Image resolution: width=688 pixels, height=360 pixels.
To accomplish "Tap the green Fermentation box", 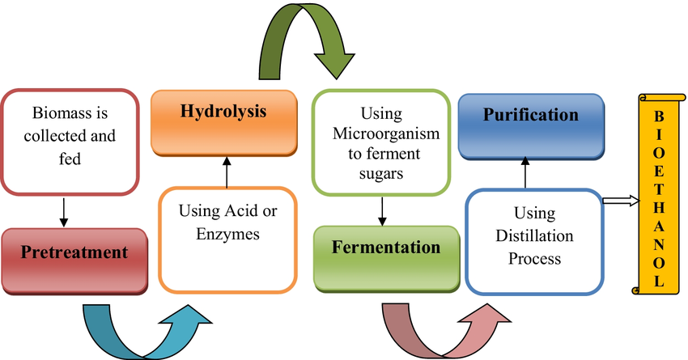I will (x=385, y=252).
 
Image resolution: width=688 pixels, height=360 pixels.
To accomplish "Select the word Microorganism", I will (x=380, y=130).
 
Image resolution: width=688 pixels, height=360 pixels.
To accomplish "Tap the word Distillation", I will (x=534, y=237).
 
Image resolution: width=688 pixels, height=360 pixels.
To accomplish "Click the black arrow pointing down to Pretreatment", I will (x=62, y=210).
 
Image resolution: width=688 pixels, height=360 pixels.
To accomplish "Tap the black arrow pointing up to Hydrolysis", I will (x=225, y=173).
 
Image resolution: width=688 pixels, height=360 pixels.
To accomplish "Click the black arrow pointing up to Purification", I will (x=527, y=175).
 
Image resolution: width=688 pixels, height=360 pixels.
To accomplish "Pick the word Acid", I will (x=238, y=213).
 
